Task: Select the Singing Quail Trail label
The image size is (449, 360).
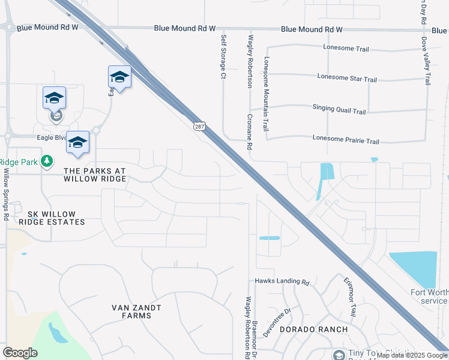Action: point(339,111)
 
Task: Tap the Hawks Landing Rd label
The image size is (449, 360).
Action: point(282,281)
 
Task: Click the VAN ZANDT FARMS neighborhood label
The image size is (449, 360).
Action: point(136,311)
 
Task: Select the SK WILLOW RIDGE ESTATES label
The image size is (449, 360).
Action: point(52,218)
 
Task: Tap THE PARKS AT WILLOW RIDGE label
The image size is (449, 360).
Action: point(95,175)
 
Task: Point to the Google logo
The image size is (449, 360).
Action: point(20,352)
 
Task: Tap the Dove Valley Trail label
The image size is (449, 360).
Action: point(426,60)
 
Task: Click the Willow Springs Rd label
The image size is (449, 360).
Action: point(6,193)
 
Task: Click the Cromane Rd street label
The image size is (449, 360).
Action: point(248,132)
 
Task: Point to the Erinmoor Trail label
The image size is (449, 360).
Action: point(350,296)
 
